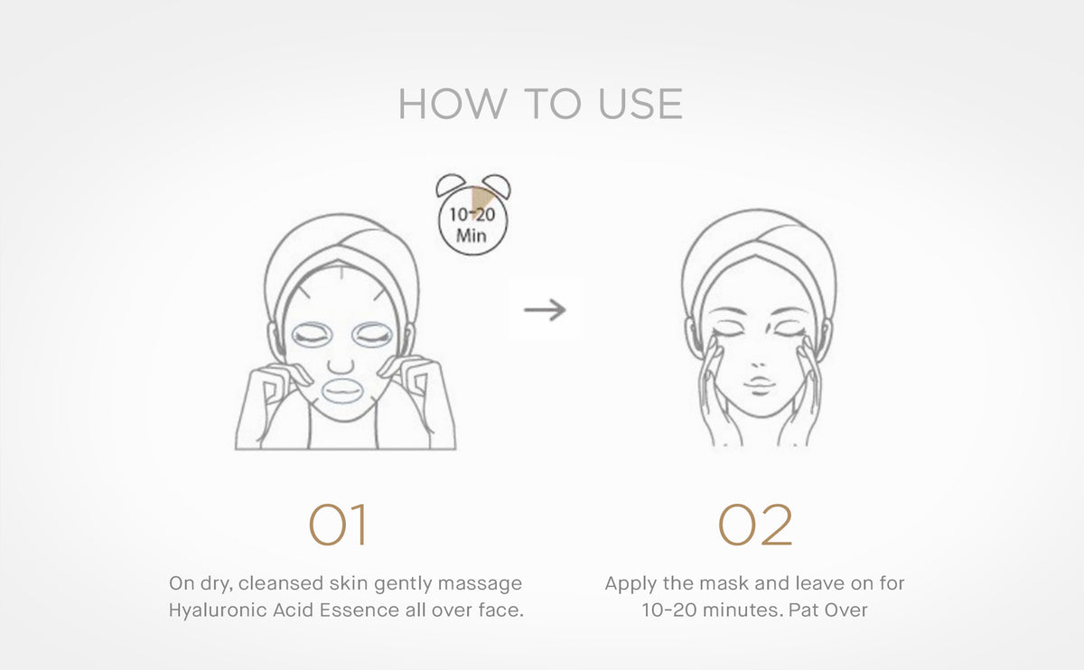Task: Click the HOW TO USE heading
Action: pos(540,105)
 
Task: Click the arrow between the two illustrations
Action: pos(545,310)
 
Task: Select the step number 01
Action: pos(338,526)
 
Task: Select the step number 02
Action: pos(755,526)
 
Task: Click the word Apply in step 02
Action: pos(631,583)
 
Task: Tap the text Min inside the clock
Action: pos(471,237)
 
